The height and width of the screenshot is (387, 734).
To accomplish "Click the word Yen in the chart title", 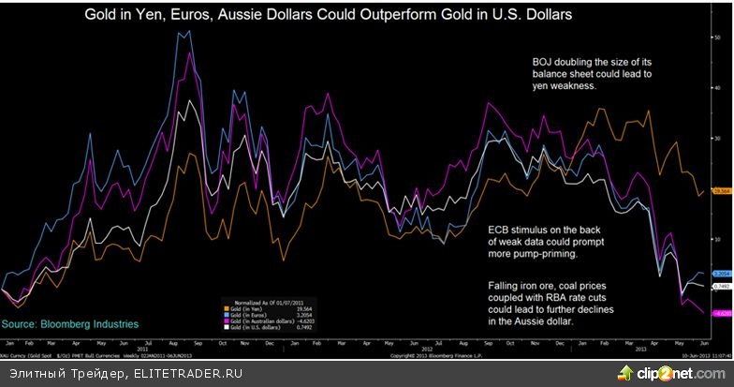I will [x=187, y=16].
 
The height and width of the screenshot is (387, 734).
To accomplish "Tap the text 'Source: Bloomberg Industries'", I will [x=70, y=323].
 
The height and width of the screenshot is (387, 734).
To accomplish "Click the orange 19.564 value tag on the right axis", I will [x=721, y=191].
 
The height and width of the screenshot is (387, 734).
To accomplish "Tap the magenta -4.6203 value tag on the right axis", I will [x=721, y=313].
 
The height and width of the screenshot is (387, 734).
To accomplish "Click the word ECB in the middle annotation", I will [x=502, y=229].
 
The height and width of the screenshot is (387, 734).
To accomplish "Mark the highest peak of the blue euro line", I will [x=179, y=31].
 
